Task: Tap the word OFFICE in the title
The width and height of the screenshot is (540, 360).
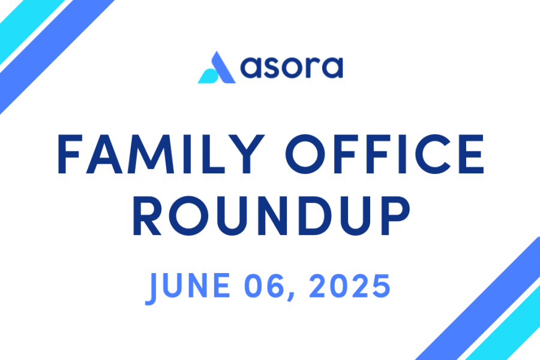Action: coord(385,154)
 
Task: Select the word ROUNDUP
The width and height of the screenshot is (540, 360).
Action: coord(271,215)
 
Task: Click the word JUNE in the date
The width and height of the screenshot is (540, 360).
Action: coord(188,287)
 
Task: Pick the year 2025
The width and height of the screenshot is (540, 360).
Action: coord(350,286)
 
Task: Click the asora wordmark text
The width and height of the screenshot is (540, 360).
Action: coord(292,67)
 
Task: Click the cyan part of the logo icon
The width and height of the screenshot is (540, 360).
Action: coord(208,76)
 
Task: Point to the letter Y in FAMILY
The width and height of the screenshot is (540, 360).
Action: coord(247,154)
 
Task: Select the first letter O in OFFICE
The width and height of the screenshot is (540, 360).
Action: coord(305,154)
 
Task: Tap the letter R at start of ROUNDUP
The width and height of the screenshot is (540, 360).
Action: coord(147,215)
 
